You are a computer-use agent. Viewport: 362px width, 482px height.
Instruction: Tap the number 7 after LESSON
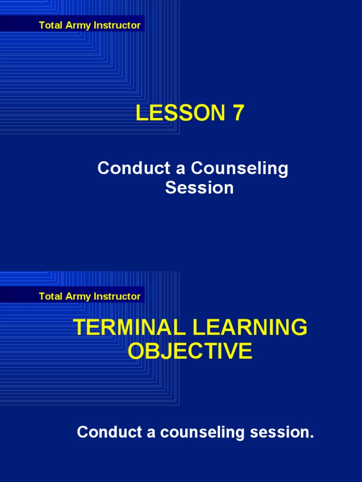[238, 113]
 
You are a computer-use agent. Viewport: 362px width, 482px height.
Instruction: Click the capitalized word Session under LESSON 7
[199, 188]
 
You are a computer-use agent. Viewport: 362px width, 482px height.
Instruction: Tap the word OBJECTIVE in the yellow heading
[190, 351]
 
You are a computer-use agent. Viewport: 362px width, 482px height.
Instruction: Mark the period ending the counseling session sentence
[312, 436]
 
